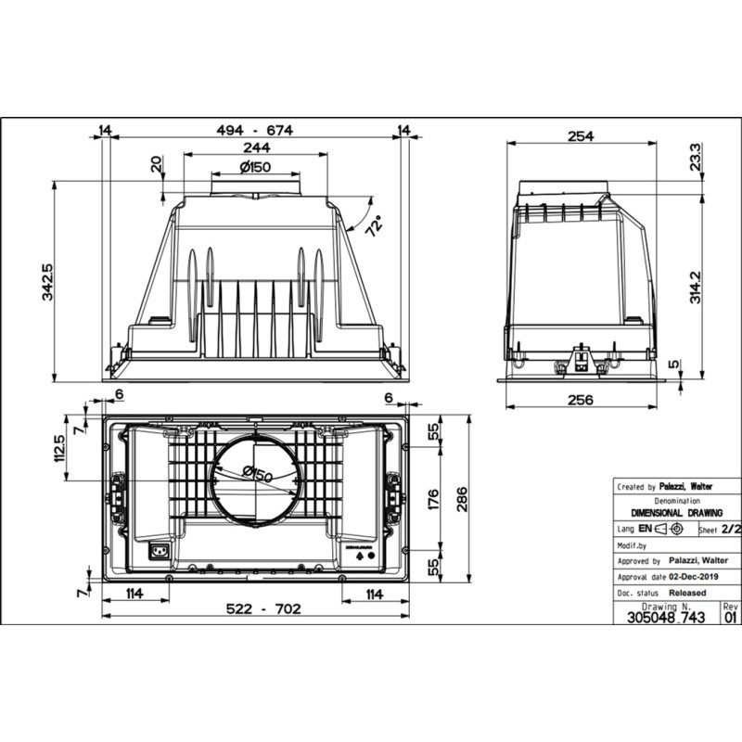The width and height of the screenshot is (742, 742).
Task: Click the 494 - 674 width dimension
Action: point(254,131)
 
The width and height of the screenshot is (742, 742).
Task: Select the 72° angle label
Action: point(372,225)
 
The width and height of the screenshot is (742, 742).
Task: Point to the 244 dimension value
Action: point(256,147)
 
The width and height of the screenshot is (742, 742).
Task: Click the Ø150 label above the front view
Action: point(255,167)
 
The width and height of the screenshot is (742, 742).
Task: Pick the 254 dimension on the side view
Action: point(580,136)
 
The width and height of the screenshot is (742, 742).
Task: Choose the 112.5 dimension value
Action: point(60,449)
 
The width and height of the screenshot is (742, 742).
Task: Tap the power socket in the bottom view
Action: point(160,554)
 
